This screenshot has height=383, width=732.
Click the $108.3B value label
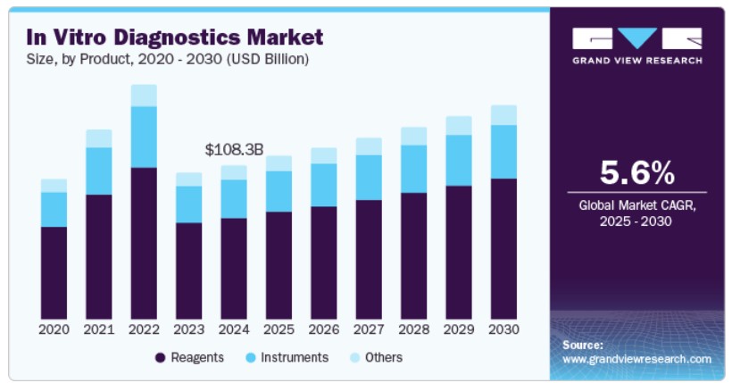235,150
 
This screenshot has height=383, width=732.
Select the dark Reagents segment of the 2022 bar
144,244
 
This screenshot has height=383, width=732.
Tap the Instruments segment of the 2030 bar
503,152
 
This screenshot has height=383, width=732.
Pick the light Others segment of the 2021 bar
99,138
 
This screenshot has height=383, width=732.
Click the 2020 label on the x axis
54,329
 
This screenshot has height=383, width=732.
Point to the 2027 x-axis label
369,329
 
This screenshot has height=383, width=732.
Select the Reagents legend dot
160,358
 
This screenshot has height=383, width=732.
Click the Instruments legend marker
251,358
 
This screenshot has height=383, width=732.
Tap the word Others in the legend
384,357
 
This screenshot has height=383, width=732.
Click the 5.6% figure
637,172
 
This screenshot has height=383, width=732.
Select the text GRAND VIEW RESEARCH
637,61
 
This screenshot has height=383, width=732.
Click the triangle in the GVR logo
636,37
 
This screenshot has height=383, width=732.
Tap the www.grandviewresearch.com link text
636,359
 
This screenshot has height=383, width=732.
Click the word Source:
583,346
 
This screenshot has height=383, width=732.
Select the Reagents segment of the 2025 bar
279,266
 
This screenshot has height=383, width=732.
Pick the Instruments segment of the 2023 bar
189,204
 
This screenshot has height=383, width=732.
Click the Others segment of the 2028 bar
413,137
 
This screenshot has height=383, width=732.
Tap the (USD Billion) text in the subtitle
267,59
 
